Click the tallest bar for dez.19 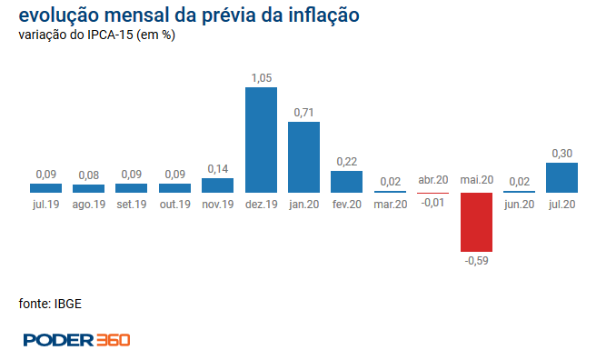(262, 140)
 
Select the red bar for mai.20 (476, 222)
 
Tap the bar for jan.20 (303, 157)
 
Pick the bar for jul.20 (561, 177)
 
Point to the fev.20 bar (346, 182)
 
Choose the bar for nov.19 (218, 185)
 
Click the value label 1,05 (262, 78)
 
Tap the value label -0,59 (476, 261)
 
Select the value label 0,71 (303, 113)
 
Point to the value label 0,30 (561, 154)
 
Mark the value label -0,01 (432, 203)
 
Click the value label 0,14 (218, 169)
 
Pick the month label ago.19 (89, 205)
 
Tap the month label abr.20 (433, 180)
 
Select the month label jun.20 (519, 205)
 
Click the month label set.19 (132, 205)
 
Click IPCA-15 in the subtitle (110, 35)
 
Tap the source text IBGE (68, 304)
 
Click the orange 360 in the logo (114, 340)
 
